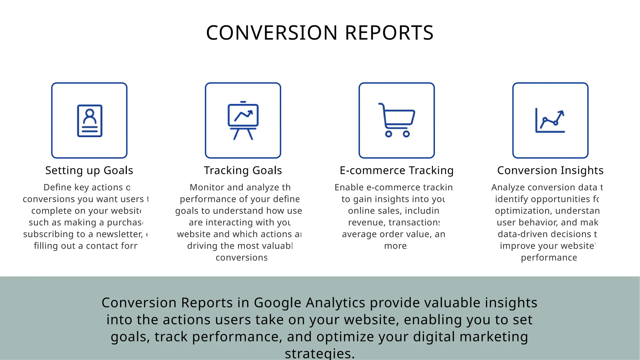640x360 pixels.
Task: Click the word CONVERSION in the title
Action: pos(272,33)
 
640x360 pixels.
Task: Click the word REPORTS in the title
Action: pos(389,33)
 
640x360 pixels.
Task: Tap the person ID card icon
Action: pos(90,121)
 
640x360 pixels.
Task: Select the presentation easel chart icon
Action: pos(243,121)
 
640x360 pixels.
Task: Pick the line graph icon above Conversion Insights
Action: pos(550,121)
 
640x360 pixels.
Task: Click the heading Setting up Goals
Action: pos(89,170)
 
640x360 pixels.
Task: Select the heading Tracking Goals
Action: pos(243,170)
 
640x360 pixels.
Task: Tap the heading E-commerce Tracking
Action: pos(397,170)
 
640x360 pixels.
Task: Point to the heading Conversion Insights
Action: pos(550,170)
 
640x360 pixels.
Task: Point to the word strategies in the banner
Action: pos(319,354)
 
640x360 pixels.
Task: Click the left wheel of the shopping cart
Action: pos(388,134)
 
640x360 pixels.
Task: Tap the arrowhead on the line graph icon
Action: pos(561,112)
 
